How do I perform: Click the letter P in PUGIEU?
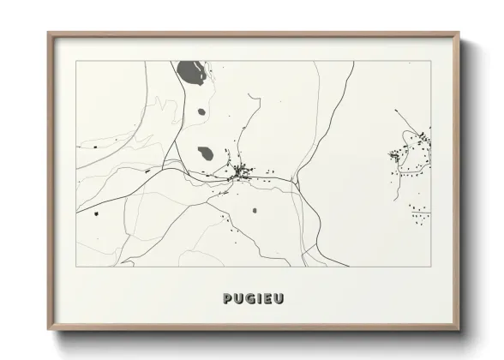pos(227,298)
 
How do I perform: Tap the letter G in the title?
pos(248,298)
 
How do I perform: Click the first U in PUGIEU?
pos(237,298)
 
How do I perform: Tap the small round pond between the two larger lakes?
pos(202,111)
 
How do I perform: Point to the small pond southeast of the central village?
pos(254,210)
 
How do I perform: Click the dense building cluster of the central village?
pos(242,172)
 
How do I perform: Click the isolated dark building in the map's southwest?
pos(97,213)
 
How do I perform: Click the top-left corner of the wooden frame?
pos(48,33)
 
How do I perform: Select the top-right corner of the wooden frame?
pos(459,33)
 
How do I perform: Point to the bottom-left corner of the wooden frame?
pos(48,330)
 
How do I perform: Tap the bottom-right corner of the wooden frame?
pos(459,330)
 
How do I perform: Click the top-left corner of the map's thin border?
pos(75,61)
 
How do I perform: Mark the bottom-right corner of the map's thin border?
pos(431,267)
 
